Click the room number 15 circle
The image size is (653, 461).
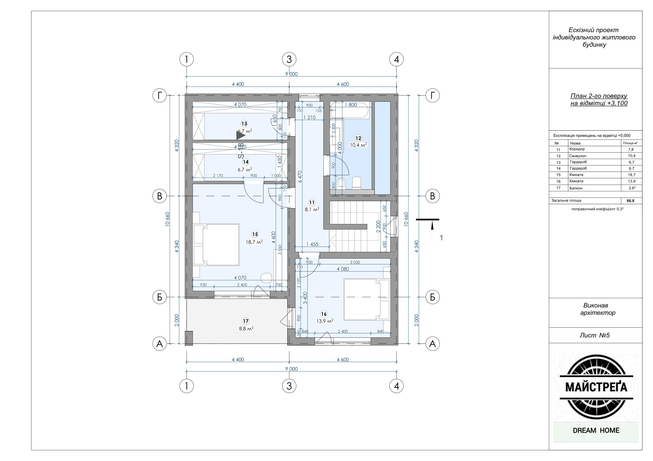255,234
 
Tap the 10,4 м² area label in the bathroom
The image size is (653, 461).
358,145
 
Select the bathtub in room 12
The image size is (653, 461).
349,110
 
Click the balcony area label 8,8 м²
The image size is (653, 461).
246,328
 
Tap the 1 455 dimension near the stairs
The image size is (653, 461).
312,244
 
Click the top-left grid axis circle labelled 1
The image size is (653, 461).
186,59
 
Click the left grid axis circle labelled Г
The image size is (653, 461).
160,96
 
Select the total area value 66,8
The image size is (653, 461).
630,201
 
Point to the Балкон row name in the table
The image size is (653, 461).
576,188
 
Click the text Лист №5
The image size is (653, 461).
594,335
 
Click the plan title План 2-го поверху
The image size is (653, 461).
599,96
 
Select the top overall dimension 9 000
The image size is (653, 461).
292,74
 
